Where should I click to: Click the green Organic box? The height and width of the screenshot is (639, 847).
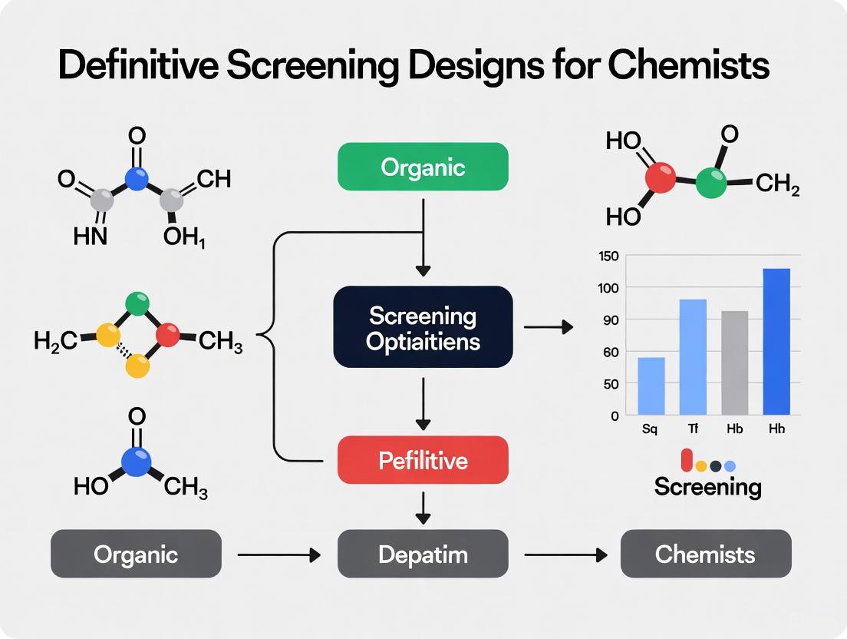point(423,167)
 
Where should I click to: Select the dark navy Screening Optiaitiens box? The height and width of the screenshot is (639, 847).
point(423,327)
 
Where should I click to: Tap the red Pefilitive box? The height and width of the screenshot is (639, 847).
point(423,460)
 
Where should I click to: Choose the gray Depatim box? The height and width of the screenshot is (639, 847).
point(423,554)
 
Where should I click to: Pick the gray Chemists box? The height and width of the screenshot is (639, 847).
point(705,554)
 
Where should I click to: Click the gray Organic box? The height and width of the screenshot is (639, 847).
point(136,554)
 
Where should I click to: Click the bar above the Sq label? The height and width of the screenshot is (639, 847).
point(651,386)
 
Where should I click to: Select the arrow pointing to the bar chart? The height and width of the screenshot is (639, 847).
point(549,327)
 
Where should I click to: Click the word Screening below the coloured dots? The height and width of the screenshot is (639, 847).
point(707,487)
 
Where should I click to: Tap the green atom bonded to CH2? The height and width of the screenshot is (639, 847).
point(711,184)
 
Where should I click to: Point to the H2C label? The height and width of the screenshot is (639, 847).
point(55,341)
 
